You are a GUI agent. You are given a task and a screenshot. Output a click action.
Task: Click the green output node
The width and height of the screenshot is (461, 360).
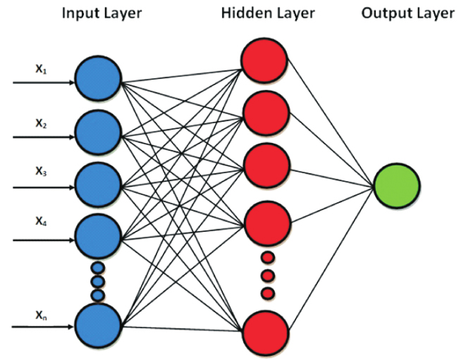397,186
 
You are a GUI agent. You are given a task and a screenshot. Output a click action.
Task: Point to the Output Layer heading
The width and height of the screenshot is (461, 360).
408,13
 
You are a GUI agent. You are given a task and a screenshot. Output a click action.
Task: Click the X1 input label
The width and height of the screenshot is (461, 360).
41,70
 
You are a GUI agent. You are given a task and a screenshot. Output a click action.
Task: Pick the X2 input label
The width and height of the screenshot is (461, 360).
41,124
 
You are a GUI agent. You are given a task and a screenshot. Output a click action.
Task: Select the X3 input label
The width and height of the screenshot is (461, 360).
41,170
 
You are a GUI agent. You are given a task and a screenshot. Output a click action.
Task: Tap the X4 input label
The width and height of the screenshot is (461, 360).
41,222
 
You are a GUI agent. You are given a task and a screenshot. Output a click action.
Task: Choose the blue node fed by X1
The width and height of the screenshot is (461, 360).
98,80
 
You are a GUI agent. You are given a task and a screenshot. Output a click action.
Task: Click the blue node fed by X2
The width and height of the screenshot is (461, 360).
98,132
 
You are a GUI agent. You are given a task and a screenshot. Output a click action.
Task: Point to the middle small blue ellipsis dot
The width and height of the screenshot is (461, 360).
98,280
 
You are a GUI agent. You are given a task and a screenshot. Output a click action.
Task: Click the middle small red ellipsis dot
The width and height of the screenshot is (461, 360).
266,275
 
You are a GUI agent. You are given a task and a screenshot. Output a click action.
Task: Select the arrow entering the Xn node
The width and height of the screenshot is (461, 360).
42,327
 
